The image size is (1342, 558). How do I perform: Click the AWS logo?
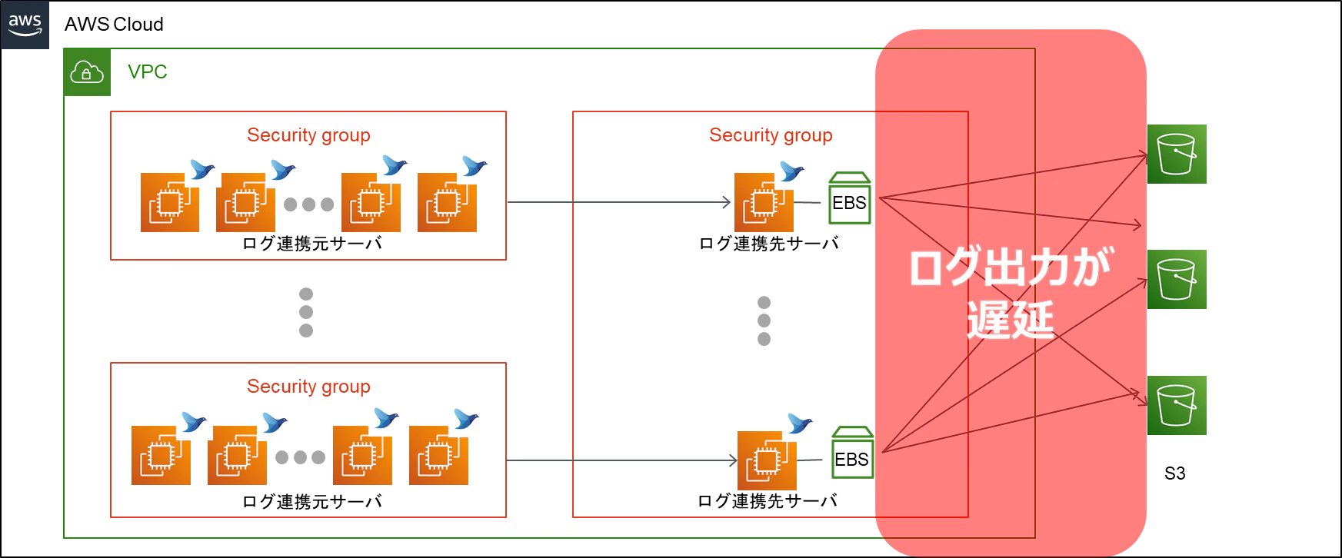click(25, 24)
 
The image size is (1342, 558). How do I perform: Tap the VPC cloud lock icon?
click(86, 73)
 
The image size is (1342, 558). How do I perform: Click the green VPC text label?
click(148, 71)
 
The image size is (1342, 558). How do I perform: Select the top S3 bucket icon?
click(1179, 154)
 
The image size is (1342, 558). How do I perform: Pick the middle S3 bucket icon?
click(1179, 279)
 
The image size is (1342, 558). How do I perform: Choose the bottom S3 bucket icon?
click(1179, 406)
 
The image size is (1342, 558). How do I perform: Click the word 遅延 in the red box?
click(1010, 320)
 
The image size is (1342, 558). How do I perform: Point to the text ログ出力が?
click(1010, 267)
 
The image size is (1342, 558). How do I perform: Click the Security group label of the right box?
click(771, 135)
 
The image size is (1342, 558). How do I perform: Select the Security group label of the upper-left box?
click(309, 135)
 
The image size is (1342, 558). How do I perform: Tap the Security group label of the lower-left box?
click(309, 386)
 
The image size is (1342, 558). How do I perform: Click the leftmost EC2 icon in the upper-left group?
click(168, 203)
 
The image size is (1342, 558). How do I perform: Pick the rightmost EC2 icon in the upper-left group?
click(446, 203)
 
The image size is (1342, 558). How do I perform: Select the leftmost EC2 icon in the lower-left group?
click(160, 456)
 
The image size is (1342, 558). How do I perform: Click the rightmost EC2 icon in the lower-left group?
click(439, 456)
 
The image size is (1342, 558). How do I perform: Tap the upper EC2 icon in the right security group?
click(763, 203)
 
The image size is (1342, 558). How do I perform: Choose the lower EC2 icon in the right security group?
click(768, 461)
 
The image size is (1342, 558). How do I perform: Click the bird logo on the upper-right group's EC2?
click(791, 170)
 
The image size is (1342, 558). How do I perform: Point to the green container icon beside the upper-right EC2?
click(849, 198)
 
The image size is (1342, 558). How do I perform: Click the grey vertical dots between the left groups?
click(305, 311)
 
